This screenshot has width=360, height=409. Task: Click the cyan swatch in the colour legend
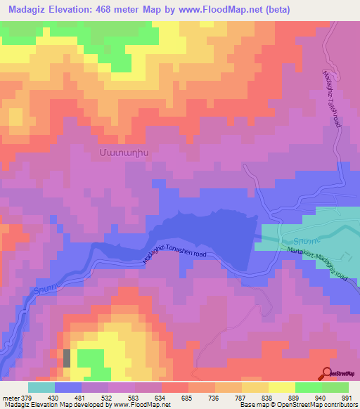[x=41, y=387]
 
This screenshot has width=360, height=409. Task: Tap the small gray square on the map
[x=67, y=357]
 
